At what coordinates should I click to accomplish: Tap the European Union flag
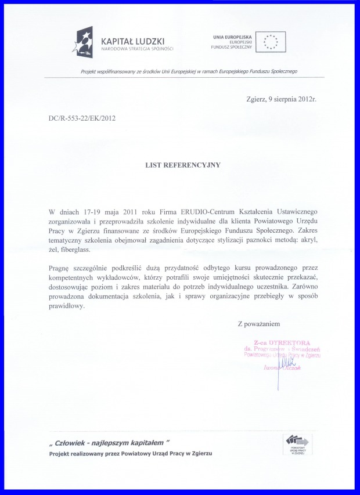(x=270, y=41)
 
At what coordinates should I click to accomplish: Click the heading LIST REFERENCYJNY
(x=183, y=165)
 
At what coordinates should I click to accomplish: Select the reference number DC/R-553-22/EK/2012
(x=82, y=118)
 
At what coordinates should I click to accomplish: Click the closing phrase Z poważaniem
(x=260, y=323)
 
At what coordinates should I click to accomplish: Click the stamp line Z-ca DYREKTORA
(x=286, y=342)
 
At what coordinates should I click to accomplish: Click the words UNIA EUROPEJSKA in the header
(x=233, y=36)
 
